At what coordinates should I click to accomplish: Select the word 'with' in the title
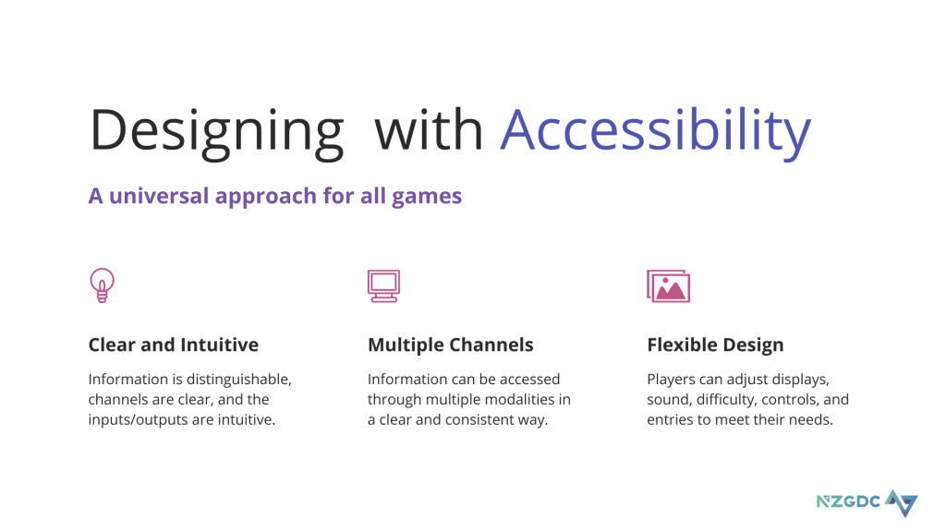click(x=429, y=129)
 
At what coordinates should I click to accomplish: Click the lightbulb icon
click(x=102, y=285)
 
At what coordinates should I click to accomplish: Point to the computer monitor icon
click(x=383, y=286)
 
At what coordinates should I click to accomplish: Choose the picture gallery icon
click(x=669, y=286)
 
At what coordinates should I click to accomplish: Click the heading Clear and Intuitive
click(x=173, y=345)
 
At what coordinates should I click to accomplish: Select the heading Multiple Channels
click(x=451, y=345)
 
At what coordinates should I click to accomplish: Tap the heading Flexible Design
click(x=716, y=345)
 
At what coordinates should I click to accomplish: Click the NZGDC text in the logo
click(x=848, y=502)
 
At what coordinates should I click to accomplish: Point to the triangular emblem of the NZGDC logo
click(x=902, y=503)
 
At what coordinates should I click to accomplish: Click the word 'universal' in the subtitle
click(x=159, y=196)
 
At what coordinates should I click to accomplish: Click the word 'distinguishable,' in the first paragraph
click(x=239, y=380)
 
